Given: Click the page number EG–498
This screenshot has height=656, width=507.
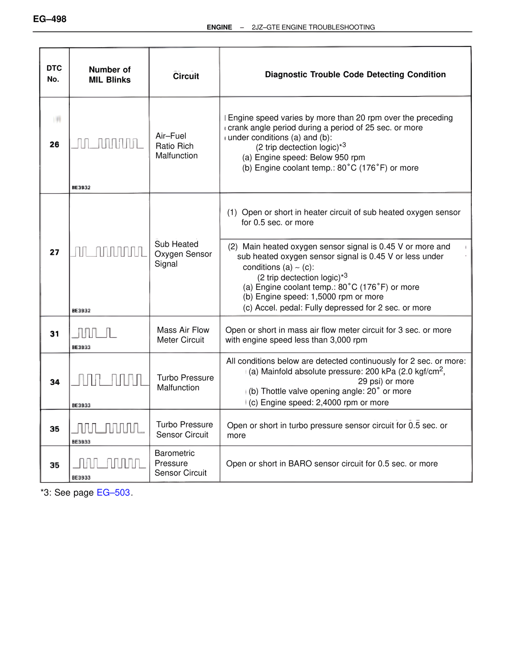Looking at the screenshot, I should [50, 19].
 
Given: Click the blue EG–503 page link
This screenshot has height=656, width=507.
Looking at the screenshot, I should [113, 492].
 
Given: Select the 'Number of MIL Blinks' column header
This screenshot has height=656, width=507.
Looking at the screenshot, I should [110, 74].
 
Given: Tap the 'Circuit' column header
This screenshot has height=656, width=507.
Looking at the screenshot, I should [186, 76].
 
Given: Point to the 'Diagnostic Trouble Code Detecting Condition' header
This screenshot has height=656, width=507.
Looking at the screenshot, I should [355, 74].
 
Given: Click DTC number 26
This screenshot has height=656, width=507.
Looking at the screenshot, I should [54, 145].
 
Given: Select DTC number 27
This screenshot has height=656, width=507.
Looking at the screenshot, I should [54, 252].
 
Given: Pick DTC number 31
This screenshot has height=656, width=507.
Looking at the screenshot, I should [54, 334].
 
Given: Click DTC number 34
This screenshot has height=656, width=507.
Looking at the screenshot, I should [55, 382].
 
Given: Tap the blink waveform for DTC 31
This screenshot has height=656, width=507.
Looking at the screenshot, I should [94, 333].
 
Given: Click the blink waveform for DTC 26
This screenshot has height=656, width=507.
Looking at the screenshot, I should [107, 143].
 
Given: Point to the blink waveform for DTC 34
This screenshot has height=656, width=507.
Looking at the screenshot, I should [110, 380].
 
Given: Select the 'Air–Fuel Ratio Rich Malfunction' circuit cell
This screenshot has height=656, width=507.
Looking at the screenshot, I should [177, 146].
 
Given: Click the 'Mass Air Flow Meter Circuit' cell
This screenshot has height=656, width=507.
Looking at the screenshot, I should [183, 335].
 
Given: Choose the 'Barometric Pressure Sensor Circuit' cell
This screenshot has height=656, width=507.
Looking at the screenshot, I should [181, 463].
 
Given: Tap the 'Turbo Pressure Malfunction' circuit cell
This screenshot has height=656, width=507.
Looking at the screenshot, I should [185, 383].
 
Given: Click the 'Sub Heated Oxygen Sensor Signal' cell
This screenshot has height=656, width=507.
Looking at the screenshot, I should [183, 254].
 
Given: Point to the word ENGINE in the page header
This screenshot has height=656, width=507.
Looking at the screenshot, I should [219, 27].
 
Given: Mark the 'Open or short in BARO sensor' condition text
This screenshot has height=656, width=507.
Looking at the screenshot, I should [332, 463].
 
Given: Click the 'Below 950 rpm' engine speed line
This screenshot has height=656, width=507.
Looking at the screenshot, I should [303, 158].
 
